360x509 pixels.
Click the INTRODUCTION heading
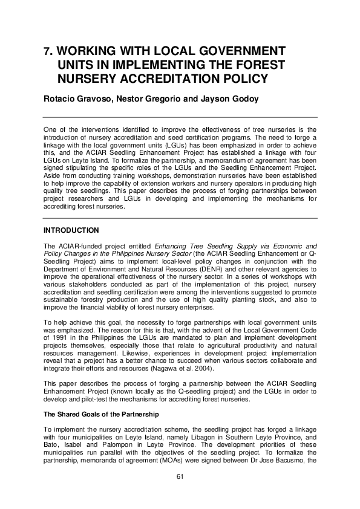point(71,230)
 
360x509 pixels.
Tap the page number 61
point(180,476)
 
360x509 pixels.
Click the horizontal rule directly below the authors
point(180,117)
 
